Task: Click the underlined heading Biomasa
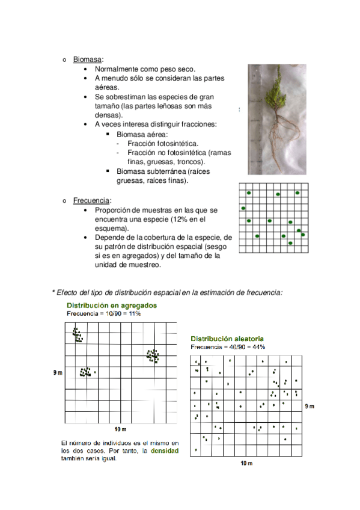point(87,60)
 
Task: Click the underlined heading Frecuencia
point(91,200)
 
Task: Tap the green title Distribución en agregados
point(112,306)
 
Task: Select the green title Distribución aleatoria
point(227,339)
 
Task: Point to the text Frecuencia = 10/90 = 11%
point(103,313)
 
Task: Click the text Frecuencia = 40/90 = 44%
point(228,347)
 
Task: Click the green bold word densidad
point(165,451)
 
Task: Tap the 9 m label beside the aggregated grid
point(58,373)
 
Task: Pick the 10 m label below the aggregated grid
point(120,429)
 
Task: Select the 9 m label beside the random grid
point(310,406)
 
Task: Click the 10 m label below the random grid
point(246,463)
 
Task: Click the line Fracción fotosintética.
point(163,143)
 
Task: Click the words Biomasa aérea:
point(142,134)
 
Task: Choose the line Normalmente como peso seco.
point(145,69)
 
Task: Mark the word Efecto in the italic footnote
point(67,292)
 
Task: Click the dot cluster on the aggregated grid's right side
point(153,355)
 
